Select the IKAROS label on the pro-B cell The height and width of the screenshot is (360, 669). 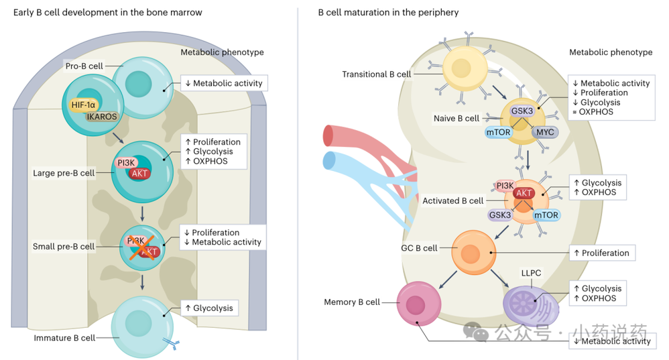point(101,117)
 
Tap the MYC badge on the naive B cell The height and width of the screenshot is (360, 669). point(546,132)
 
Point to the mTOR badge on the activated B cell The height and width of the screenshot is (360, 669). point(547,215)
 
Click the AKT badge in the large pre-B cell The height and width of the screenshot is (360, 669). point(140,173)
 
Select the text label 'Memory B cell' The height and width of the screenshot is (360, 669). point(352,302)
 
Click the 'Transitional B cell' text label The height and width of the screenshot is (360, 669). point(376,74)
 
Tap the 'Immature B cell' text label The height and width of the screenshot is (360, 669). point(64,338)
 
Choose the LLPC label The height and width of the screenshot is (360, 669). point(531,274)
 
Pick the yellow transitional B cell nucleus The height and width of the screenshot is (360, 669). point(462,68)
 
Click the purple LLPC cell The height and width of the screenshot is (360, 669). point(530,302)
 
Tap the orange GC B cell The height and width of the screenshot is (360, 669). point(471,253)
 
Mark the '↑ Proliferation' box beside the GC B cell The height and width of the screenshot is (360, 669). point(601,253)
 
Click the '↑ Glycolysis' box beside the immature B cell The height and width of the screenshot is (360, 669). point(208,308)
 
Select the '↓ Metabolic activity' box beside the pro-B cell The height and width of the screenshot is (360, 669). point(224,83)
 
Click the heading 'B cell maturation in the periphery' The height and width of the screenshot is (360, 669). point(388,12)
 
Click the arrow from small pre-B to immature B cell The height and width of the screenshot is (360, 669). point(143,282)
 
